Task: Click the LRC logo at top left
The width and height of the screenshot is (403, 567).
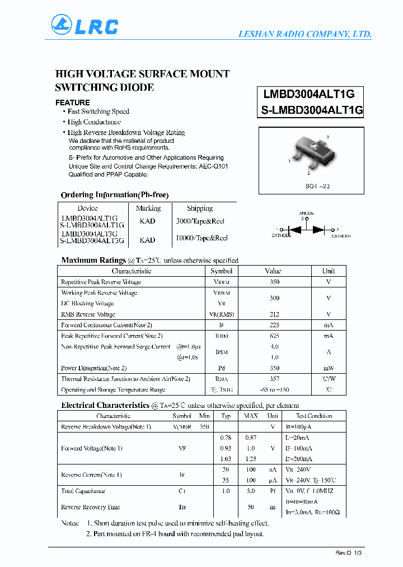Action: [85, 26]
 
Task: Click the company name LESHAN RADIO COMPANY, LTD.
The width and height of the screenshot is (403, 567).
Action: [305, 34]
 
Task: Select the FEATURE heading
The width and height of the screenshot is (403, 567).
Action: [72, 103]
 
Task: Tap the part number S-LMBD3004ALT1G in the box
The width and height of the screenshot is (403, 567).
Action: [312, 110]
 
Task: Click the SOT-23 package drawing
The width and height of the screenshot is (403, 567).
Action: [311, 154]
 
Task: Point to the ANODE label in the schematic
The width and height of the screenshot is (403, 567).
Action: [306, 213]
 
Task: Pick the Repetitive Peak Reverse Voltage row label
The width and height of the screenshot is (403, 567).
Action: [101, 282]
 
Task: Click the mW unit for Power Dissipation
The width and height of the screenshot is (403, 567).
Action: [328, 368]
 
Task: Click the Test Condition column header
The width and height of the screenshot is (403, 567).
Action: [314, 416]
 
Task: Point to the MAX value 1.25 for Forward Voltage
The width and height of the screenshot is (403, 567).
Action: [251, 459]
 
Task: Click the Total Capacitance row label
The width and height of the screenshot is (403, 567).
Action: [83, 491]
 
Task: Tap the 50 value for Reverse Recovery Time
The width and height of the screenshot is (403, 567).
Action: [251, 507]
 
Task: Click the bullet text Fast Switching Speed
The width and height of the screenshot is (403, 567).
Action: [99, 111]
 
